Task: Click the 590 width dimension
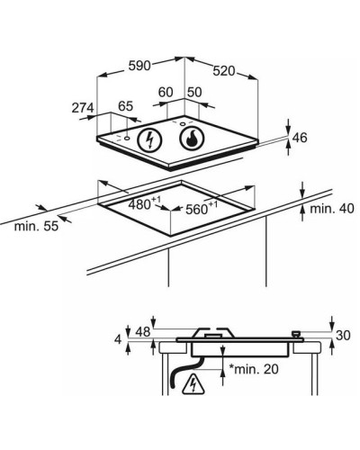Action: [x=139, y=66]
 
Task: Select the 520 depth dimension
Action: [x=224, y=71]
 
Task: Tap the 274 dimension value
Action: [x=83, y=108]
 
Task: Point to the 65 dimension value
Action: [x=125, y=106]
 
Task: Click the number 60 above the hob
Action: [x=166, y=92]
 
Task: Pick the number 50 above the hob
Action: [x=195, y=92]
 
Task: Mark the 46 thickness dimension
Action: [x=300, y=138]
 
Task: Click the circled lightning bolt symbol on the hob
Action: [x=149, y=140]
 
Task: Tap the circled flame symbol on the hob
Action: [x=192, y=139]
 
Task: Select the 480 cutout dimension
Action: [x=145, y=203]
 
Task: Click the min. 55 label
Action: [x=36, y=226]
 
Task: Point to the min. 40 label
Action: [x=332, y=209]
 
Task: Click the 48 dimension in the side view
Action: [x=143, y=332]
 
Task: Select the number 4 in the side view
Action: [x=118, y=340]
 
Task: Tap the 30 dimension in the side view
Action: [x=343, y=336]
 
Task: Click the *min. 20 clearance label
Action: [x=254, y=369]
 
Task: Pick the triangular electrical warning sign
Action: [x=193, y=383]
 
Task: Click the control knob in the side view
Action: [x=296, y=334]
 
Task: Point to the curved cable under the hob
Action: [x=184, y=372]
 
